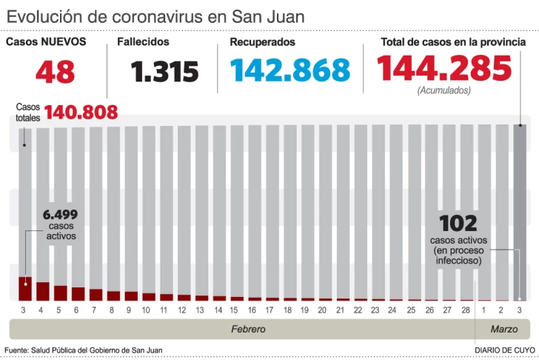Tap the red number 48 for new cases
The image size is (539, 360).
pyautogui.click(x=55, y=72)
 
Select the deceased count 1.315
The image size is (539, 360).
pyautogui.click(x=165, y=72)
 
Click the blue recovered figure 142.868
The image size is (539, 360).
pyautogui.click(x=289, y=70)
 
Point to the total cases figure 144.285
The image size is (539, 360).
pyautogui.click(x=444, y=69)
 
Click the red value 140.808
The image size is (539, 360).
pyautogui.click(x=81, y=113)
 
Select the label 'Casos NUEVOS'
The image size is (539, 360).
pyautogui.click(x=46, y=42)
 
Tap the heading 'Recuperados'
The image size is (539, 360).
pyautogui.click(x=262, y=42)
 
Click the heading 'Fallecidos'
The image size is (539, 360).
pyautogui.click(x=143, y=42)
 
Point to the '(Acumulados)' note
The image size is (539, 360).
pyautogui.click(x=443, y=90)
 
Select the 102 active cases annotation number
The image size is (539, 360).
pyautogui.click(x=458, y=223)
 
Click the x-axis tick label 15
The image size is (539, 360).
pyautogui.click(x=234, y=309)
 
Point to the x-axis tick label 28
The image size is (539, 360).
pyautogui.click(x=465, y=309)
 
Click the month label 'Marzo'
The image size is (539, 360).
pyautogui.click(x=504, y=329)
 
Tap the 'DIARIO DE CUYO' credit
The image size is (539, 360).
pyautogui.click(x=505, y=350)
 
